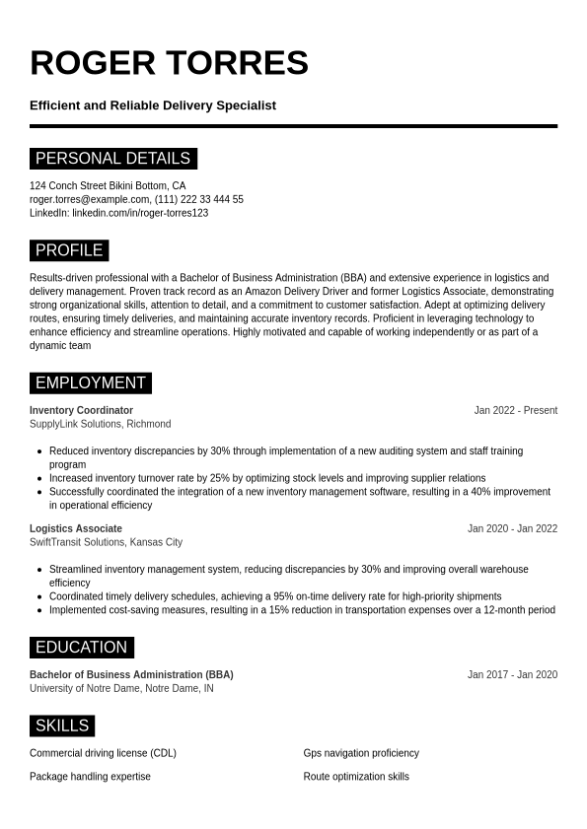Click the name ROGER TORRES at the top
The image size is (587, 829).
(169, 63)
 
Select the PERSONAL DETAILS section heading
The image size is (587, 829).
(112, 159)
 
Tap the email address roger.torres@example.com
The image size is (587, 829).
(90, 199)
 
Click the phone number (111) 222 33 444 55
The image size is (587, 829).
(199, 199)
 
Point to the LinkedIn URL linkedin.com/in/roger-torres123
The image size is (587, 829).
(140, 213)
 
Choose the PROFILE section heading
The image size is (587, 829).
(69, 250)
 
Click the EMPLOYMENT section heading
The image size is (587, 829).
(90, 383)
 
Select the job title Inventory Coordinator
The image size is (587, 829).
(81, 410)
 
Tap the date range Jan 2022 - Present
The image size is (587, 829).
(515, 410)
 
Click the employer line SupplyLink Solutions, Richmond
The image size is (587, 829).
(100, 424)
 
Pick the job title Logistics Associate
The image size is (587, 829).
(76, 528)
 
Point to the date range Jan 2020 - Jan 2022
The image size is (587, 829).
(512, 528)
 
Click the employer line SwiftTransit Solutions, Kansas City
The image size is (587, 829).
(106, 542)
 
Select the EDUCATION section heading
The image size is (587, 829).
(81, 648)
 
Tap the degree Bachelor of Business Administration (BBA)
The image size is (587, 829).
(131, 674)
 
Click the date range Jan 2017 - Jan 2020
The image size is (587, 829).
(512, 674)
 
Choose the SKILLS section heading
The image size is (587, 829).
(62, 726)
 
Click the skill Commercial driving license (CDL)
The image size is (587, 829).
(103, 753)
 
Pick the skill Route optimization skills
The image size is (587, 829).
(356, 777)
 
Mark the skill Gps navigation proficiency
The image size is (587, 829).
(361, 753)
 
